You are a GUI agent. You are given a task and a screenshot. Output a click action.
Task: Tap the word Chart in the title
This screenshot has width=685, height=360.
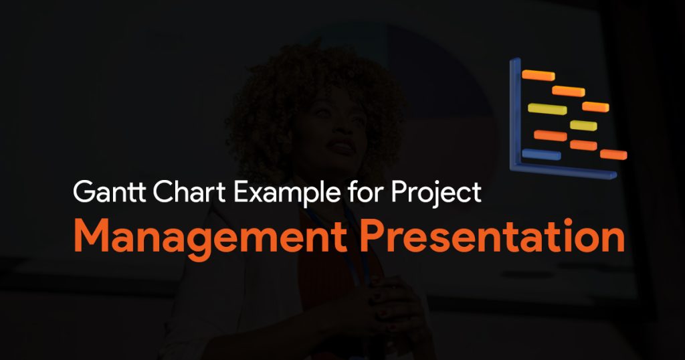[189, 191]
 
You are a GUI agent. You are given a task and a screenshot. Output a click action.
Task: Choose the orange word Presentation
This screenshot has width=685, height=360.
[492, 236]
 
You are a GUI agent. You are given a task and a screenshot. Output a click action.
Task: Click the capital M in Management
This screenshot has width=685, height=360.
[90, 237]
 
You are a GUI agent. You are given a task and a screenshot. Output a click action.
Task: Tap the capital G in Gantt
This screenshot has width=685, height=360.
[83, 192]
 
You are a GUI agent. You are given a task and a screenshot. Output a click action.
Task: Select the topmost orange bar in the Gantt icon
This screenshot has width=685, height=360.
[539, 75]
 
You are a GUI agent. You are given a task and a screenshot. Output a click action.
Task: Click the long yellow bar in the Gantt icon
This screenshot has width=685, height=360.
[547, 109]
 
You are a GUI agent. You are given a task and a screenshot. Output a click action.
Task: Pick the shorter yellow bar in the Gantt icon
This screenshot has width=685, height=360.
[583, 125]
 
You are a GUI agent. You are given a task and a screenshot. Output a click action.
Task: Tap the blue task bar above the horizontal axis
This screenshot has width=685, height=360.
[541, 154]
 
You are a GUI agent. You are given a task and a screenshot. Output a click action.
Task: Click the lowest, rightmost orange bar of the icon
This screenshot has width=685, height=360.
[613, 154]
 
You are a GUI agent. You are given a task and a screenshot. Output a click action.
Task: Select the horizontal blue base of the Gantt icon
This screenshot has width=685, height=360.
[563, 171]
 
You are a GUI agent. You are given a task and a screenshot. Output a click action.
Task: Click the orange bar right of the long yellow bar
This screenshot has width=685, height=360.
[595, 106]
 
